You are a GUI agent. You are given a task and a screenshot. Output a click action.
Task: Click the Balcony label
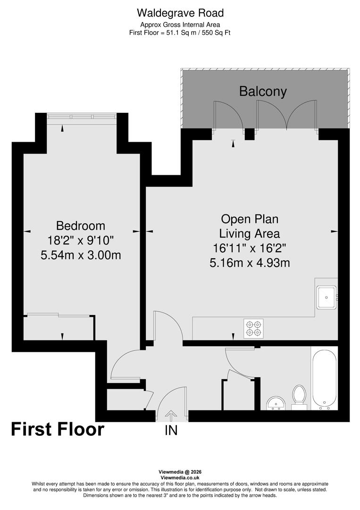[263, 91]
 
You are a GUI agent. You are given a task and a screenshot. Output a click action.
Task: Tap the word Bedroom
[81, 225]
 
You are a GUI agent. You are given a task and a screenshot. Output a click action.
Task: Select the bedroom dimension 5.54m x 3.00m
[81, 255]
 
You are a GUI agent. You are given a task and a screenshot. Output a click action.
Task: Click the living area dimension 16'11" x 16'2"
[250, 247]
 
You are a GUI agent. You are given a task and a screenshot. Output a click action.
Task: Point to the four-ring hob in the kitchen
[253, 328]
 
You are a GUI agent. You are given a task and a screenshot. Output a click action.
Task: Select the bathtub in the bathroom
[324, 379]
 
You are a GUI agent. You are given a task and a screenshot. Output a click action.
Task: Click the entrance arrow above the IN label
[171, 416]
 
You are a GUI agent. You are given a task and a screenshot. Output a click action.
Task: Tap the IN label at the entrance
[171, 430]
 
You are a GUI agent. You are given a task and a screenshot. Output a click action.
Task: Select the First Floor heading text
[57, 429]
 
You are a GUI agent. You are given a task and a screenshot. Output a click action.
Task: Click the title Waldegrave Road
[180, 13]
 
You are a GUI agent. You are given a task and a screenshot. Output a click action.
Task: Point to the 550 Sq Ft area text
[215, 33]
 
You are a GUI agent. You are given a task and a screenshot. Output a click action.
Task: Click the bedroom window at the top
[82, 116]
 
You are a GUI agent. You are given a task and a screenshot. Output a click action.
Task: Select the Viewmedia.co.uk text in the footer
[180, 478]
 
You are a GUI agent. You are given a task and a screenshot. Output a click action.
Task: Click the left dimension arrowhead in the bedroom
[27, 231]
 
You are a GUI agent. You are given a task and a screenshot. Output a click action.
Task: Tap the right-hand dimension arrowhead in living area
[334, 231]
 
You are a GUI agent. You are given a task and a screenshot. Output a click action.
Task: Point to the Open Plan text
[250, 219]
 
